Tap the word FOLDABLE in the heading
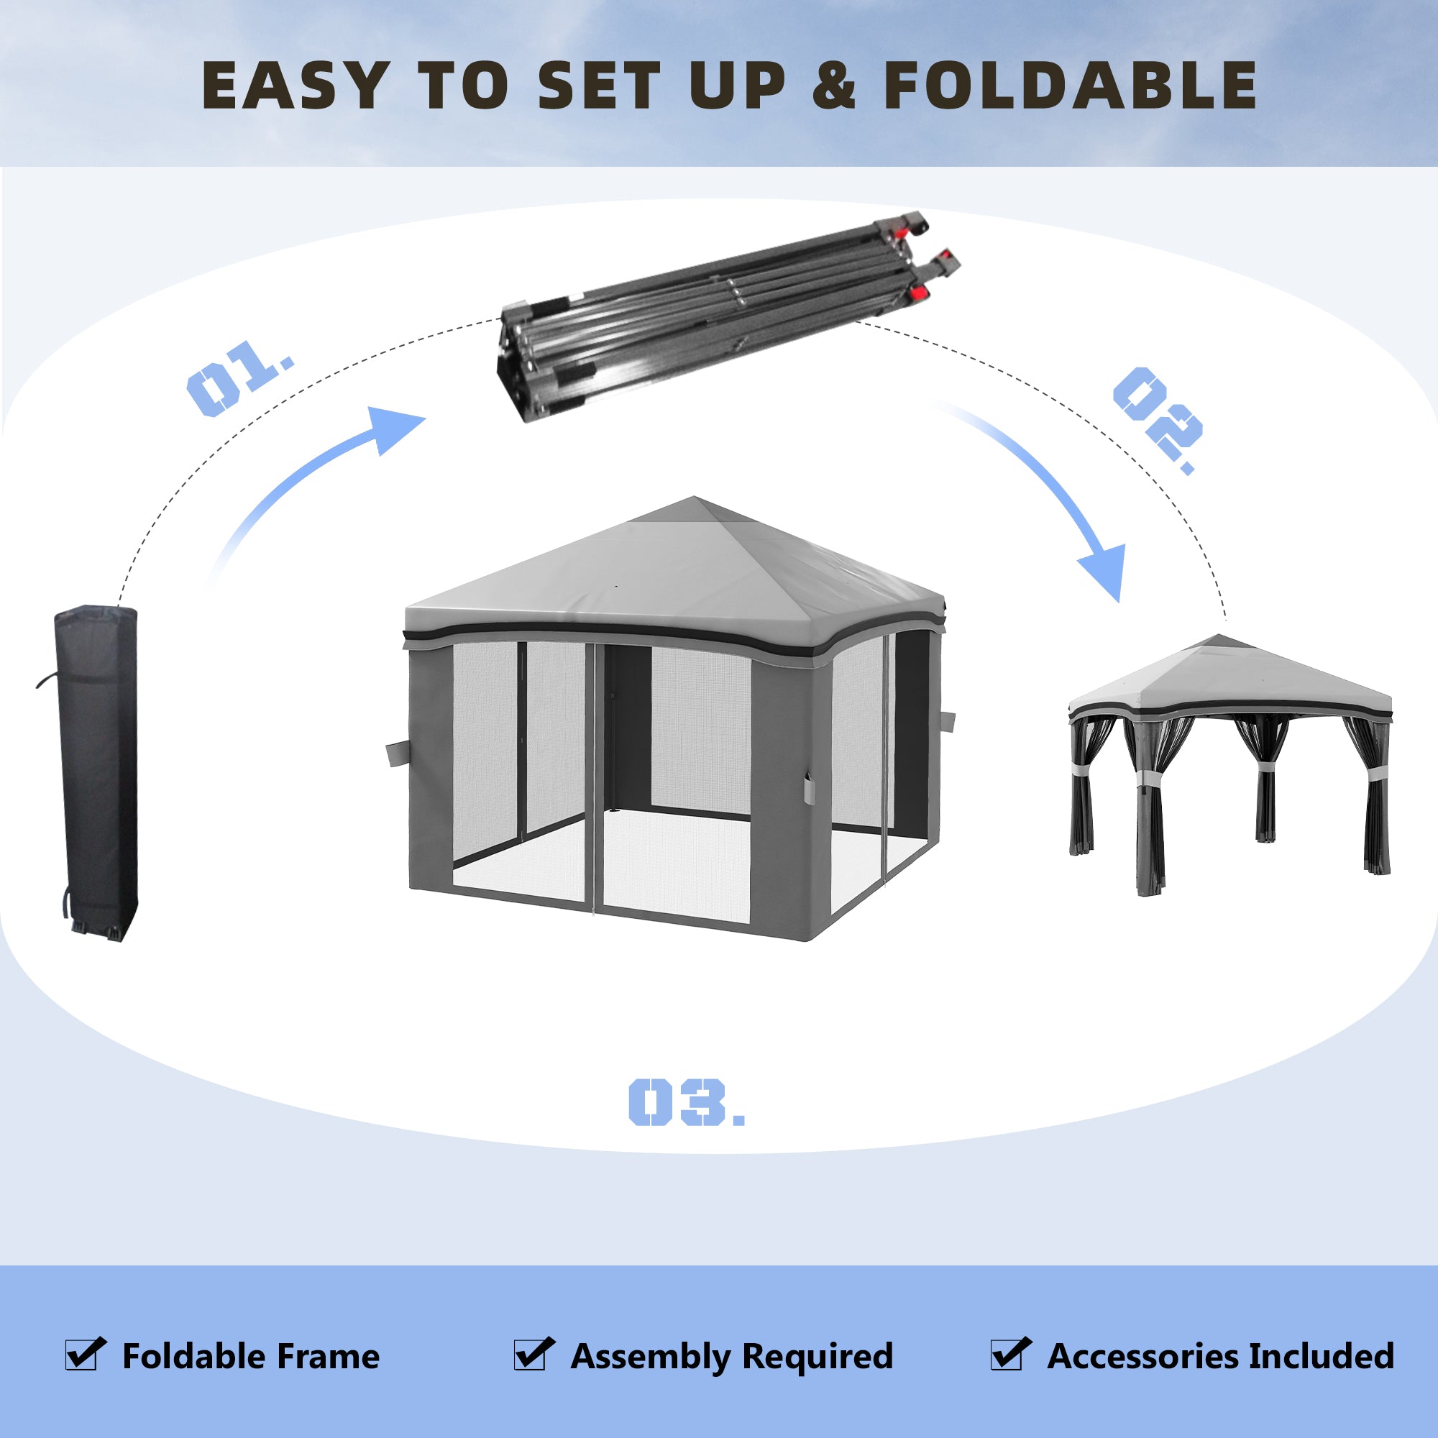pyautogui.click(x=1070, y=86)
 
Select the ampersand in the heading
pyautogui.click(x=834, y=86)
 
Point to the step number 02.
pyautogui.click(x=1157, y=418)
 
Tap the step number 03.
pyautogui.click(x=684, y=1102)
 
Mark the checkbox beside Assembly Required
pyautogui.click(x=533, y=1354)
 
